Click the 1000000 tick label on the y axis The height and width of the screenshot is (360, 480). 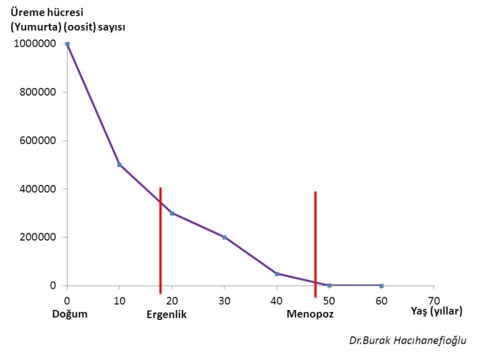pos(36,44)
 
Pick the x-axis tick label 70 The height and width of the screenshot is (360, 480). pos(434,300)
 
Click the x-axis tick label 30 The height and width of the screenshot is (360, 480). pos(224,300)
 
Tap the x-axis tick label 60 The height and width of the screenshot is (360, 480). pos(381,300)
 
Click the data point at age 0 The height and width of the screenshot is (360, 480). pos(67,44)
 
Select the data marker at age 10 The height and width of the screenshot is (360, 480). pos(119,165)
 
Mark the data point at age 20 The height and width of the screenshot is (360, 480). pos(172,213)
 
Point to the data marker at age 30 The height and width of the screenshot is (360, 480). pos(224,237)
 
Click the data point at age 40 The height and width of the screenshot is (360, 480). pos(277,274)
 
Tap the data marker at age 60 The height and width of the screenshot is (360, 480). pos(381,286)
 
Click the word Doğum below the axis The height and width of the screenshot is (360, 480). pos(70,314)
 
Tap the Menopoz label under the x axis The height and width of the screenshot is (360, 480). pos(310,314)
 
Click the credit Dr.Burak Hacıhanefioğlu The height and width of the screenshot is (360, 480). pos(407,340)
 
